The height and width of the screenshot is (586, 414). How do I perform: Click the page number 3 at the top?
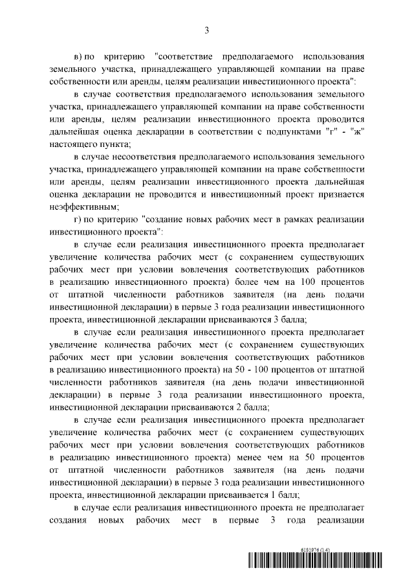click(206, 30)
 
